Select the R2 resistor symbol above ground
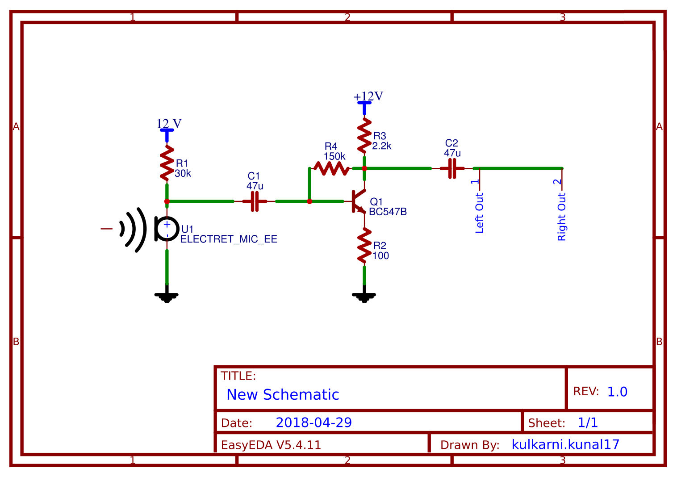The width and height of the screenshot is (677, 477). click(x=364, y=246)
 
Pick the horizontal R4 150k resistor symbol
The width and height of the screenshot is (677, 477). click(x=331, y=168)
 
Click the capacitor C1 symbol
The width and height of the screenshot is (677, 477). click(x=255, y=201)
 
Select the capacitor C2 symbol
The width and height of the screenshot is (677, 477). click(x=452, y=168)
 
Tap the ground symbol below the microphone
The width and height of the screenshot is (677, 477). click(x=167, y=296)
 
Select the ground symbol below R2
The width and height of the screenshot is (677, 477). click(x=364, y=296)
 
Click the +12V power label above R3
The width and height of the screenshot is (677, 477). click(x=368, y=97)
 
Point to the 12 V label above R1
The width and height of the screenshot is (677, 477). click(x=169, y=124)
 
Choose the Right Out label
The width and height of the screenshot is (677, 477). click(x=561, y=217)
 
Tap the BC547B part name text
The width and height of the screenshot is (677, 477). click(x=388, y=212)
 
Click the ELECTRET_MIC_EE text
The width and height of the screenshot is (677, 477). click(x=229, y=239)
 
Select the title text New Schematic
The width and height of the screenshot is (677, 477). click(x=283, y=395)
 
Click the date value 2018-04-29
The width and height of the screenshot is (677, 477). click(x=313, y=423)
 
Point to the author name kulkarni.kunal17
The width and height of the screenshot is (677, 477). click(x=565, y=444)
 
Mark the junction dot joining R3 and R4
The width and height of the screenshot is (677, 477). click(x=364, y=168)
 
